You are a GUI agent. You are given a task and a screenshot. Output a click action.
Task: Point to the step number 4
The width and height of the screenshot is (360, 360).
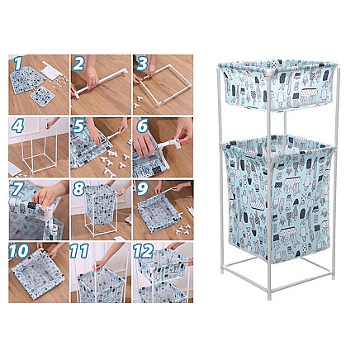coord(17,126)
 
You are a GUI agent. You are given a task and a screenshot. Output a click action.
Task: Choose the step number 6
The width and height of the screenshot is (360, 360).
coord(141,127)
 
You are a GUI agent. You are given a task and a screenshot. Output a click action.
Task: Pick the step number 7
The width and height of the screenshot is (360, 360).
coord(17,189)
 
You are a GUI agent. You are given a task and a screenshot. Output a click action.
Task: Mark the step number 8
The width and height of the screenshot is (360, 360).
coord(80,189)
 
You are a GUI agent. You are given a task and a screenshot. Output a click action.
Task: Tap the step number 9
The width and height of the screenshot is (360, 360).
coord(141,189)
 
